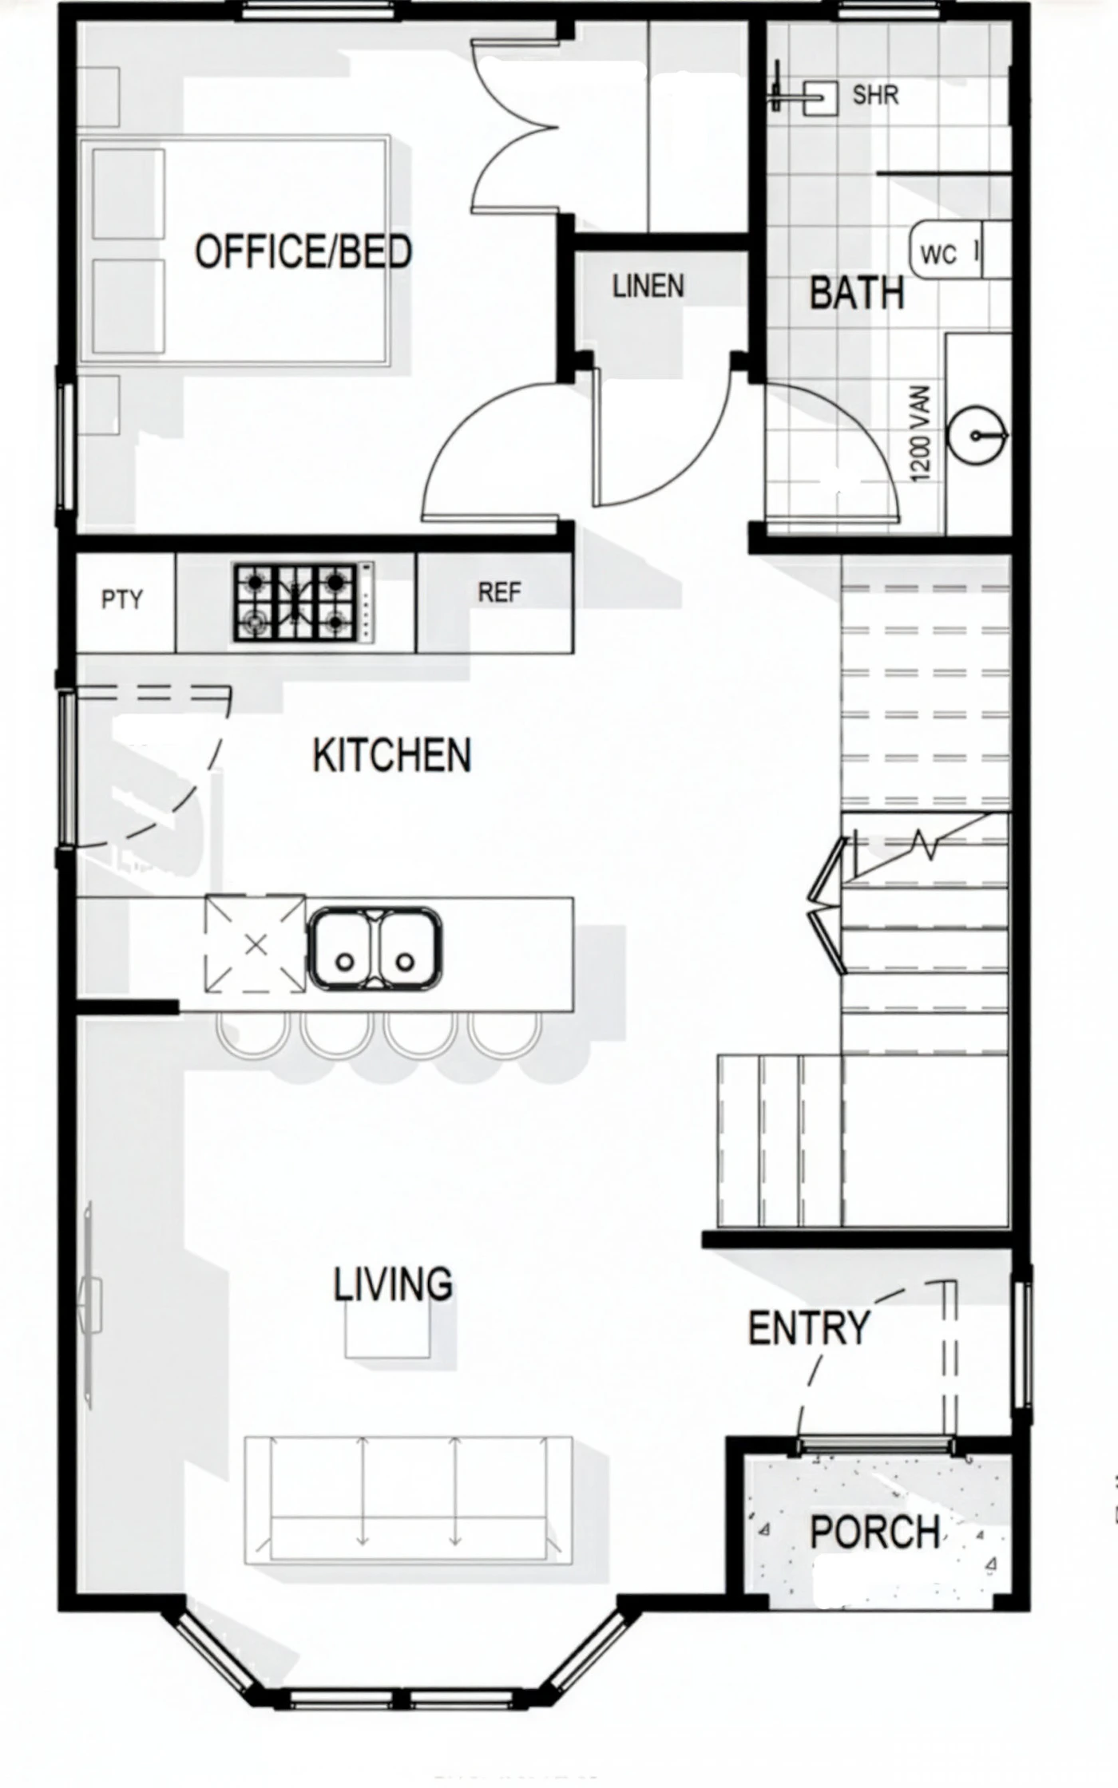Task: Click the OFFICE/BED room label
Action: point(303,251)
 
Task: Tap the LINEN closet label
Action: point(648,286)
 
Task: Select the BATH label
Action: point(857,292)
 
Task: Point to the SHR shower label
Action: point(875,95)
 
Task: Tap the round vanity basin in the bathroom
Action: point(976,435)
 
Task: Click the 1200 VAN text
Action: point(921,433)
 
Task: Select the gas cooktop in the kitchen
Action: point(303,602)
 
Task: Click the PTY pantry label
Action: point(122,599)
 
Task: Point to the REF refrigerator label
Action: point(499,592)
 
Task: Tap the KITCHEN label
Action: point(391,755)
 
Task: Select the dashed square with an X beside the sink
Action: point(256,944)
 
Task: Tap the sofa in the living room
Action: point(409,1500)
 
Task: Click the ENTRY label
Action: point(808,1328)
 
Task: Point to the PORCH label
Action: point(875,1532)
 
